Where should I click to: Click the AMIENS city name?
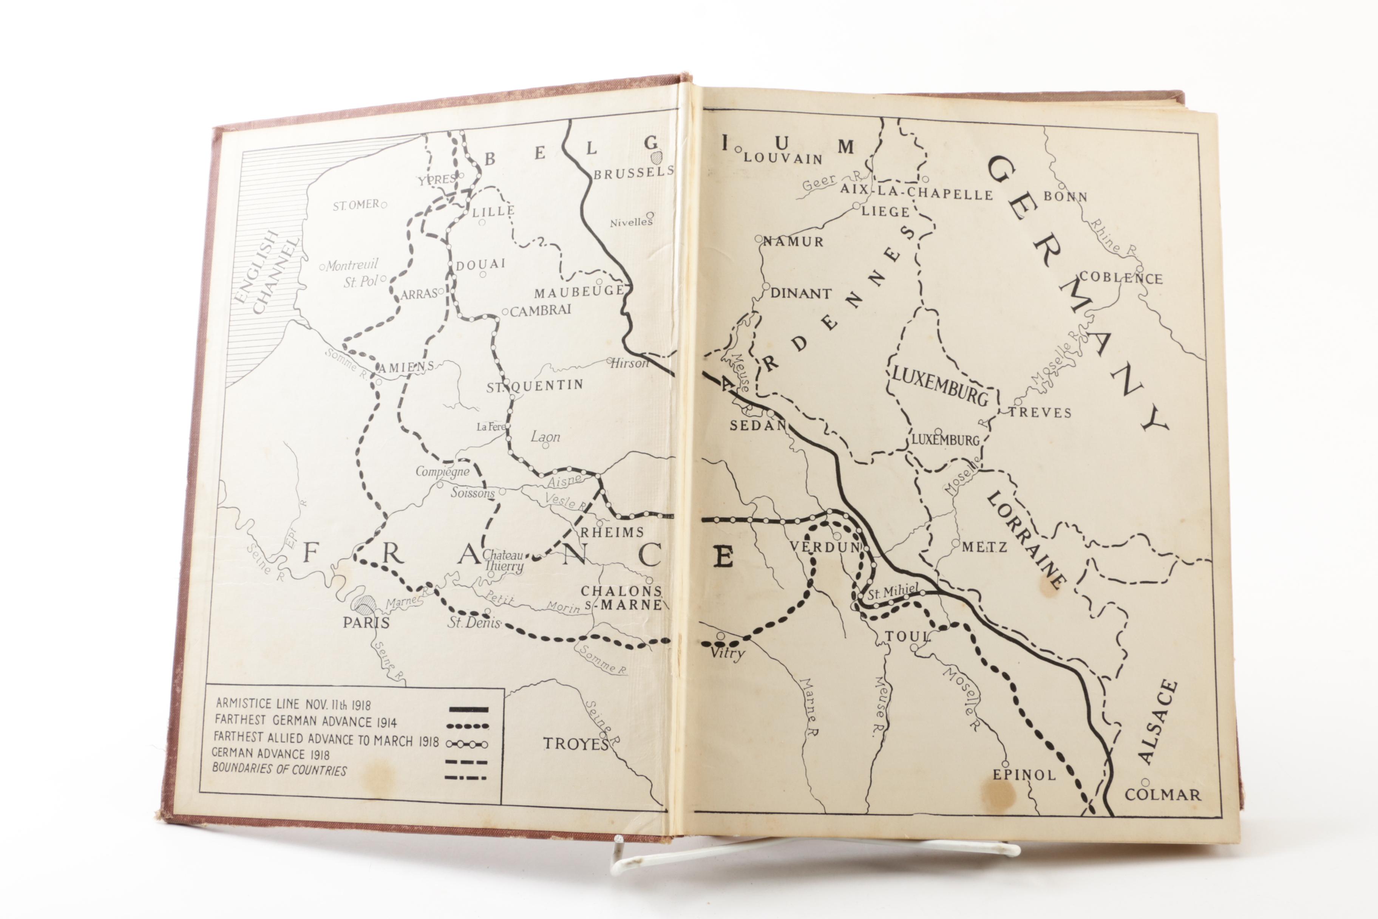(x=406, y=367)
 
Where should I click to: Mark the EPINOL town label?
(x=1024, y=775)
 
